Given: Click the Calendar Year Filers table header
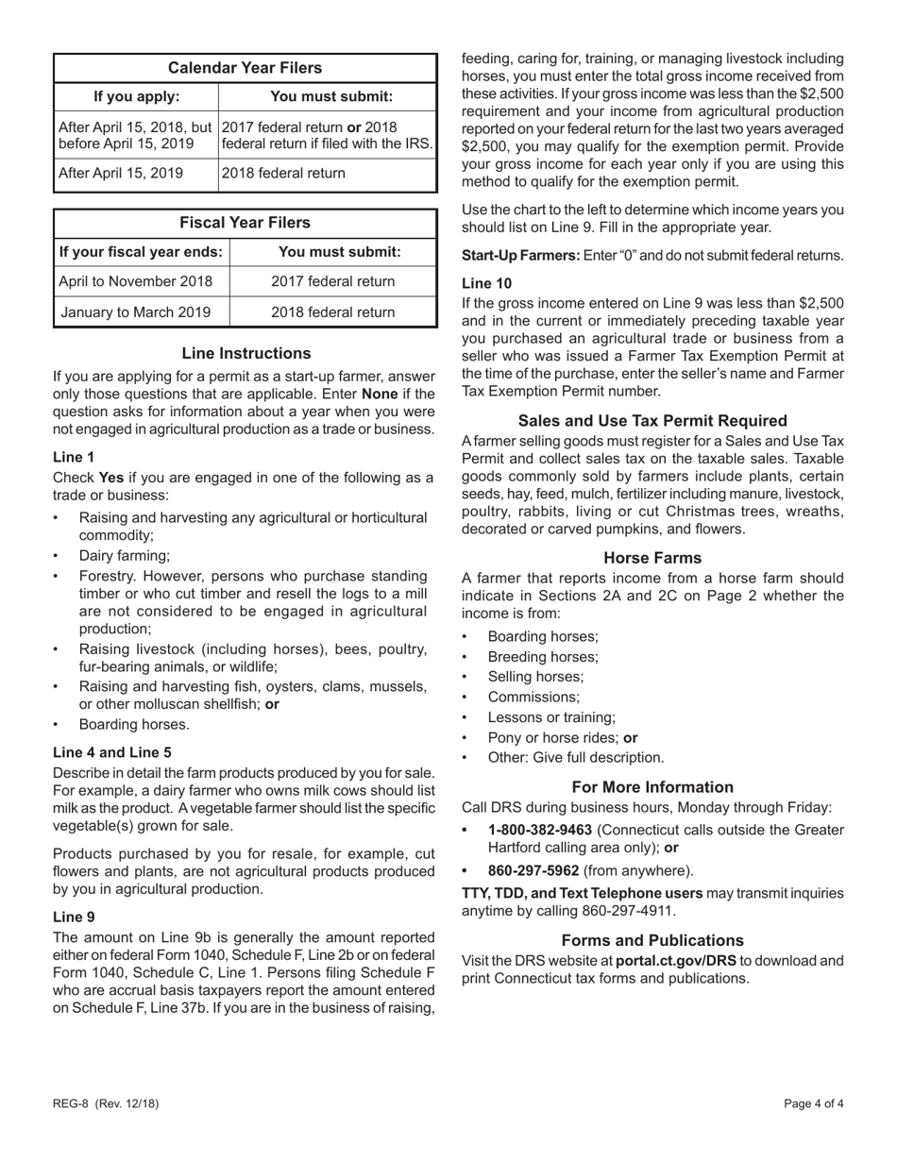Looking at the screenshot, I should click(245, 68).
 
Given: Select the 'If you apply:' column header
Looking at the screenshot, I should click(136, 96).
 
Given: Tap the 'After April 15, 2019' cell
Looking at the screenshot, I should click(120, 174).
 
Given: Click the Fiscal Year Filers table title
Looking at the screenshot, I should click(245, 223).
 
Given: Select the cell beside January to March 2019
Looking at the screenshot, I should click(332, 311).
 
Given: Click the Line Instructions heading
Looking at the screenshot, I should click(245, 354).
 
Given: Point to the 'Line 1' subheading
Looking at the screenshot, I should click(74, 457).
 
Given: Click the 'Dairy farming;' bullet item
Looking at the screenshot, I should click(125, 556).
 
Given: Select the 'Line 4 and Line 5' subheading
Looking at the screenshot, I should click(112, 752).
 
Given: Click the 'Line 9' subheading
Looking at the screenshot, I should click(74, 917).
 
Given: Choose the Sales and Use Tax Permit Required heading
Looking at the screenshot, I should click(652, 421).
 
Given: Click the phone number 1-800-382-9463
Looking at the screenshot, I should click(540, 830).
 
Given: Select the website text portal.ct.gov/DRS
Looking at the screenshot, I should click(676, 961).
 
